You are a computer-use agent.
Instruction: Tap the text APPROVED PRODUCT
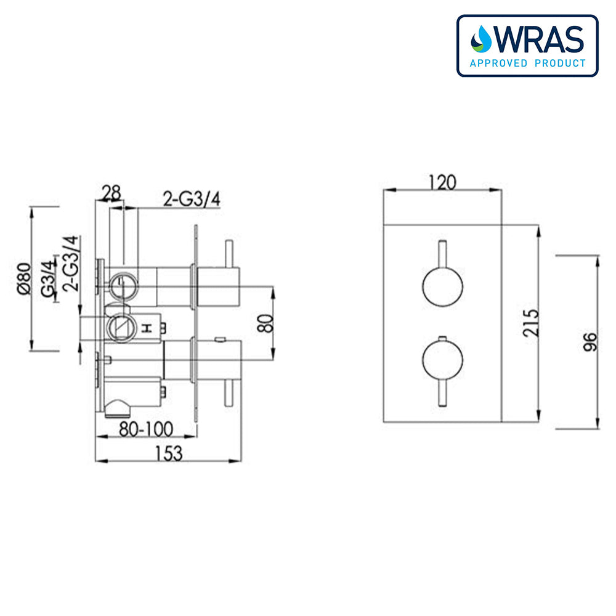click(527, 63)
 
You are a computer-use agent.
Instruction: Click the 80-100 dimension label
click(147, 428)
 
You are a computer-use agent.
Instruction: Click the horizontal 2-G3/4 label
click(191, 199)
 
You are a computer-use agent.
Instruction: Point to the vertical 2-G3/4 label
click(71, 264)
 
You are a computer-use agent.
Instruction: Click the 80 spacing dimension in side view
click(265, 322)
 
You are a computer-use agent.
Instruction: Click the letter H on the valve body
click(147, 329)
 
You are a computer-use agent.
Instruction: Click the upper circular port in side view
click(121, 285)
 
